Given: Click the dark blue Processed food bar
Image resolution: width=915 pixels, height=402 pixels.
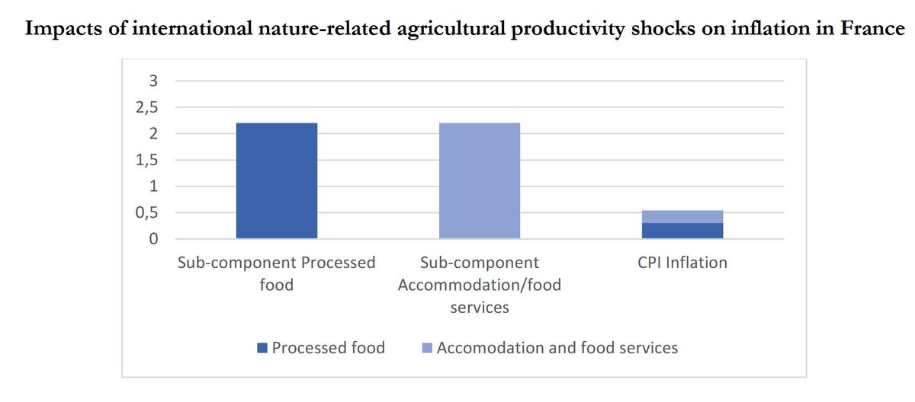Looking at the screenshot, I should pos(277,180).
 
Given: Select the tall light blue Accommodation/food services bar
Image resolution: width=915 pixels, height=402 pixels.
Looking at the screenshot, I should pos(480,180).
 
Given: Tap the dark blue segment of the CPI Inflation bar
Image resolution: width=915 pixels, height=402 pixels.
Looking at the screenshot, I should pos(683,231).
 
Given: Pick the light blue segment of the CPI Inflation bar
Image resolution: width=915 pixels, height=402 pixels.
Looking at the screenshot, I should pos(683,217).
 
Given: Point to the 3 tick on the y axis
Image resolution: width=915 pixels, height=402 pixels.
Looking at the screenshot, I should pos(152,81).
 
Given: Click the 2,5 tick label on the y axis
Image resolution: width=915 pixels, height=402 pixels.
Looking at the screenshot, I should pos(147,108).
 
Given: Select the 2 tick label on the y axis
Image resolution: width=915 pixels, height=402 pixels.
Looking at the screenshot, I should pos(152,134).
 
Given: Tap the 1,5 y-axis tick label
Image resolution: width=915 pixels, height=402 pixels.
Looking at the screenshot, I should pos(147,161).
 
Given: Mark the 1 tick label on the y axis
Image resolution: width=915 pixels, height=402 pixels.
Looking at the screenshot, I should pos(152,187).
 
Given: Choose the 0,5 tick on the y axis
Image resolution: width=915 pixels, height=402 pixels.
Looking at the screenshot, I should pos(147,213).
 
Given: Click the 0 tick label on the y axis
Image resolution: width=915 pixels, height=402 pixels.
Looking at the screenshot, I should pos(152,239).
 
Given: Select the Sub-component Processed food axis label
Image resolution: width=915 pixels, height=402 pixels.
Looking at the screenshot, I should pos(277,274).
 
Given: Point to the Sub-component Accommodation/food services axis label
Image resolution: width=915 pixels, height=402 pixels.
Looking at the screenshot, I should pos(480,285).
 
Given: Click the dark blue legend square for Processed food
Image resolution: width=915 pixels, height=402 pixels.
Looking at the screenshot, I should pos(262,349).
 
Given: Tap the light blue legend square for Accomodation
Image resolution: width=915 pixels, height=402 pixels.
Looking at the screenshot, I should pos(427,349).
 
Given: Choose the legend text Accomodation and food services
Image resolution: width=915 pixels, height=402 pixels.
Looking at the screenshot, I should pos(557,348).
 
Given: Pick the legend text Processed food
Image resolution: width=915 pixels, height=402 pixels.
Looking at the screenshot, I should pos(328,348).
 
